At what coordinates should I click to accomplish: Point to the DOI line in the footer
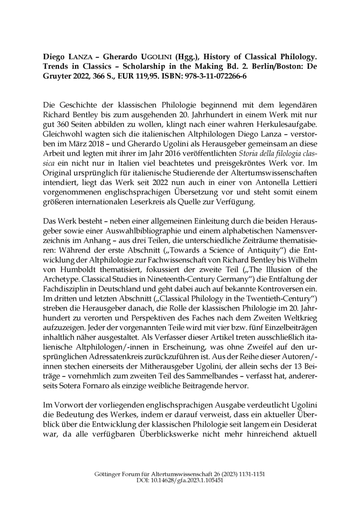(x=180, y=481)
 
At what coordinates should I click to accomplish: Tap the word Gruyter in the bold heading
(x=57, y=77)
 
